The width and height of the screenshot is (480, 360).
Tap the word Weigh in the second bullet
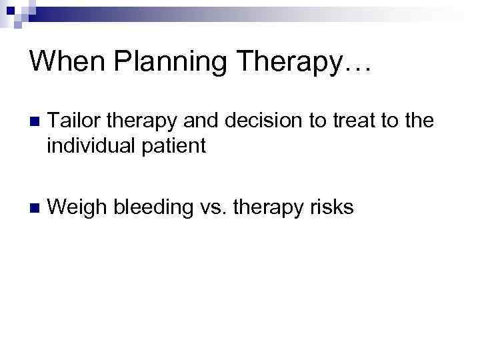[77, 208]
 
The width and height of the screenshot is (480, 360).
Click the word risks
[331, 208]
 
